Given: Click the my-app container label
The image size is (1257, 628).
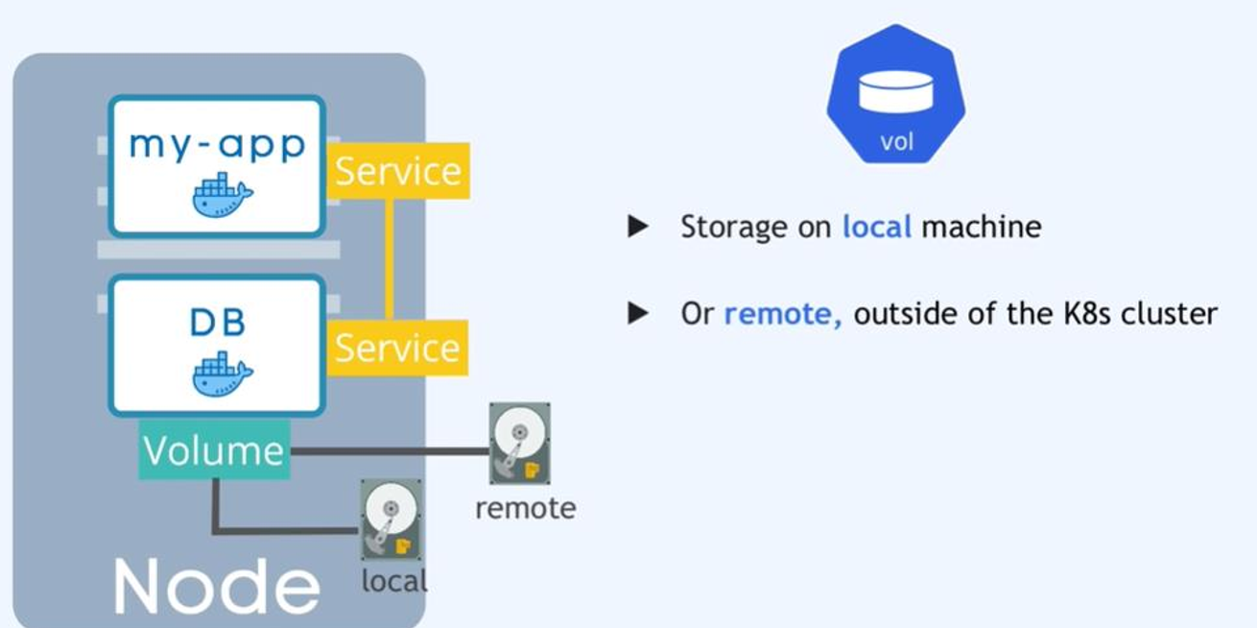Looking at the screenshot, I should [217, 144].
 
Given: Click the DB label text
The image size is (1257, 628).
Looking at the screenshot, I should [217, 323].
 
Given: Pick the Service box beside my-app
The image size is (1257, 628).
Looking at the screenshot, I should [397, 171].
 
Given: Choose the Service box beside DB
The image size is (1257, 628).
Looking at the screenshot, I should [397, 348].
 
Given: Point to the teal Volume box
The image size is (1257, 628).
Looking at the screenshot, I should [214, 450].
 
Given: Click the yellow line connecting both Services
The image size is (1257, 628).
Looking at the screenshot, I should [390, 259].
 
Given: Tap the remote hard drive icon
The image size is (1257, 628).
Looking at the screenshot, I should [519, 443].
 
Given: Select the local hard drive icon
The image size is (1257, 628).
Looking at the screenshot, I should [391, 519].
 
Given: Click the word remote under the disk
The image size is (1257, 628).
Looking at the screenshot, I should [525, 508].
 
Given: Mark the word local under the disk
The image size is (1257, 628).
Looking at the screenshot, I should [393, 581].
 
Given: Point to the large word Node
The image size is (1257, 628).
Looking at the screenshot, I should [216, 585].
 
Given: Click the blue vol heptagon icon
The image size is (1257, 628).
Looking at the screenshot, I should [895, 95].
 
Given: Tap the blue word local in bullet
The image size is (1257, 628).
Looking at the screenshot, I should [876, 227].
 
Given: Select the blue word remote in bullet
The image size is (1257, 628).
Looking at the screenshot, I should [782, 314].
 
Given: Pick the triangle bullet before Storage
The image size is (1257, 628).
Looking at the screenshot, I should [638, 227].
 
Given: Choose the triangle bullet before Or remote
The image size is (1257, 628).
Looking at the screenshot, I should [638, 314].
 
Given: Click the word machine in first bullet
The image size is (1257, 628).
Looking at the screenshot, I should [981, 227].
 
